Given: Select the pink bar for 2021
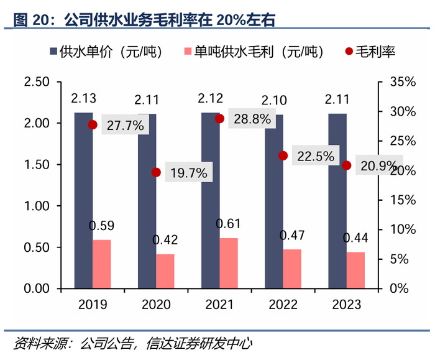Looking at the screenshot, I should (x=229, y=264).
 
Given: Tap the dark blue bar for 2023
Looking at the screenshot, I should (x=337, y=201).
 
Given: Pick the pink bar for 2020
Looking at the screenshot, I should (x=165, y=271).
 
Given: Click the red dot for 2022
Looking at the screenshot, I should (x=283, y=155).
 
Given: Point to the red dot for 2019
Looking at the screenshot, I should (x=93, y=125).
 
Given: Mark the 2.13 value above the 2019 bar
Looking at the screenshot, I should (x=83, y=98).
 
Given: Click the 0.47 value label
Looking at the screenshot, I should (x=291, y=235).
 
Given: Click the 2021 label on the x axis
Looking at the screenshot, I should (x=219, y=305).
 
